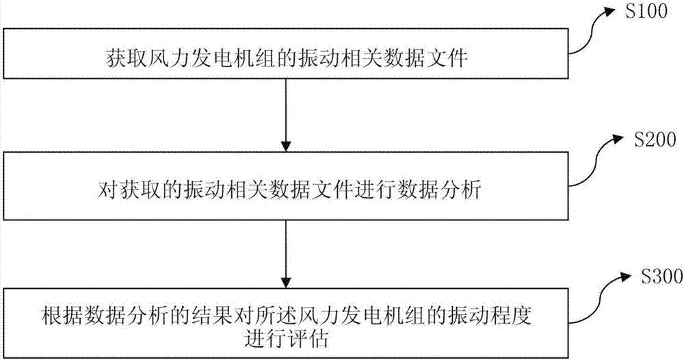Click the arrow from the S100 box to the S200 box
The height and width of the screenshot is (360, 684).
click(286, 114)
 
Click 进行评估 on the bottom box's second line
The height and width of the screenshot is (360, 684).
click(285, 338)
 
